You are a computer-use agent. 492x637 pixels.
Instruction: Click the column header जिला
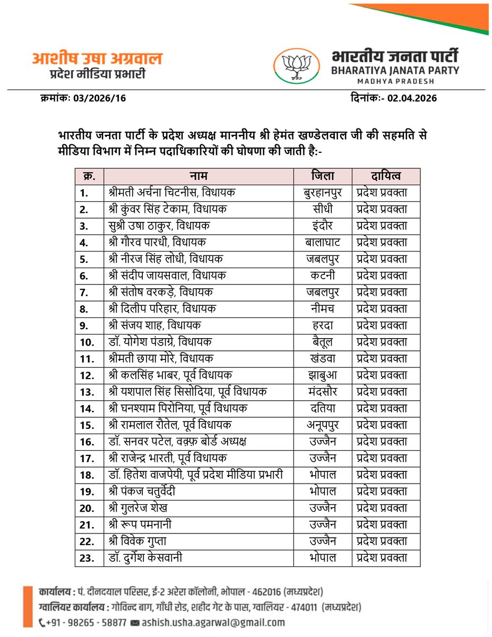point(323,176)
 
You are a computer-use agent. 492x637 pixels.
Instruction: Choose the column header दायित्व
point(386,176)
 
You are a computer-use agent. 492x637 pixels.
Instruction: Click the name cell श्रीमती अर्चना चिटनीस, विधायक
point(173,193)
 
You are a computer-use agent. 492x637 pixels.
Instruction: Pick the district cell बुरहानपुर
point(323,193)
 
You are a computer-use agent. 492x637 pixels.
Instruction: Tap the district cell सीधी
point(323,209)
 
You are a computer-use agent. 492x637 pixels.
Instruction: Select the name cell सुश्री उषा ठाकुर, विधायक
point(159,226)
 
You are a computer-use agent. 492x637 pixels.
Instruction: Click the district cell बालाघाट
point(323,243)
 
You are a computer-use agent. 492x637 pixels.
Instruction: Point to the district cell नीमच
point(323,309)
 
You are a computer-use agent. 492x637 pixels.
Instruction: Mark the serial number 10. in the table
point(87,342)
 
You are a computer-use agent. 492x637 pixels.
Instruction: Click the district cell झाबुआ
point(323,375)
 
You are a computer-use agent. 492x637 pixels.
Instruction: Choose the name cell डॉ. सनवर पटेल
point(177,442)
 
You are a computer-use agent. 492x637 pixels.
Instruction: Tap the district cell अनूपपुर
point(323,425)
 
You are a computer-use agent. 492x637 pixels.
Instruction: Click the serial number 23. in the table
point(87,558)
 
